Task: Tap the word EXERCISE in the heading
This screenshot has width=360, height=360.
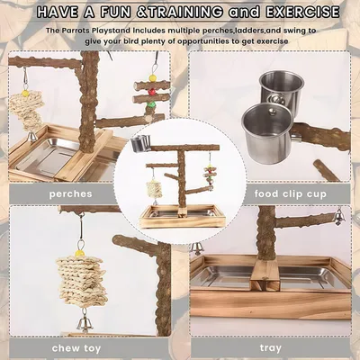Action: [x=302, y=13]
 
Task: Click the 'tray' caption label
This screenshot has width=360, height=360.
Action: [x=273, y=347]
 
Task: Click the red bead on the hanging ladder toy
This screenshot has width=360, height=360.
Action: [x=154, y=89]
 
